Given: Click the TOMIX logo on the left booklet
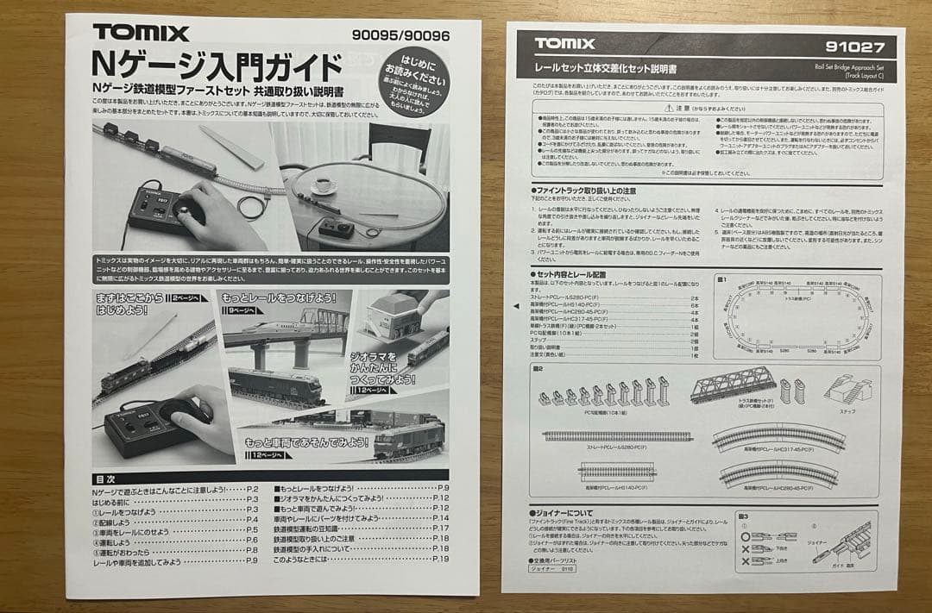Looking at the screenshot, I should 141,33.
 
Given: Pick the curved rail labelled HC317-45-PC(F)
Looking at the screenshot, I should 778,437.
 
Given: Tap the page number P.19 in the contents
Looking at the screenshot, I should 439,559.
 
